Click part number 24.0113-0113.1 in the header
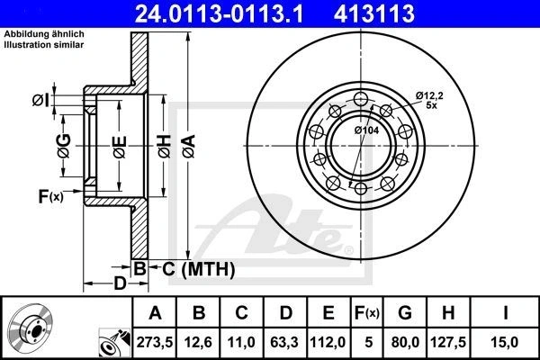coord(219,13)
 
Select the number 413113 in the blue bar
coord(374,13)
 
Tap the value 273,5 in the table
coord(155,342)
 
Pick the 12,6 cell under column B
coord(198,342)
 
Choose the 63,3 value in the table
coord(284,342)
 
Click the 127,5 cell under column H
coord(448,342)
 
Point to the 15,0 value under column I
coord(505,342)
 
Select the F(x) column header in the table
coord(367,313)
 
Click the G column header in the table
coord(405,313)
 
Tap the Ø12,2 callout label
coord(429,95)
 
